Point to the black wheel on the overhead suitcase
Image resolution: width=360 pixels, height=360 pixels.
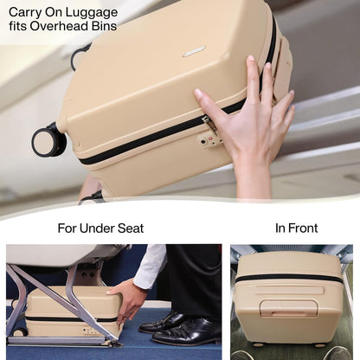pyautogui.click(x=48, y=140)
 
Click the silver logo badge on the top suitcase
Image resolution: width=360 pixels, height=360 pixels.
pyautogui.click(x=194, y=52)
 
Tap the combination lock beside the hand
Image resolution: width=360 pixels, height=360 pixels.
pyautogui.click(x=210, y=132)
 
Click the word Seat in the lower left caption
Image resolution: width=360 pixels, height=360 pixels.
pyautogui.click(x=130, y=228)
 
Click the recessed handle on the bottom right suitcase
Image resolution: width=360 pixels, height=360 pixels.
pyautogui.click(x=288, y=307)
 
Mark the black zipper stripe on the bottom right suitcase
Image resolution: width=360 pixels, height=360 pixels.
pyautogui.click(x=290, y=279)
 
